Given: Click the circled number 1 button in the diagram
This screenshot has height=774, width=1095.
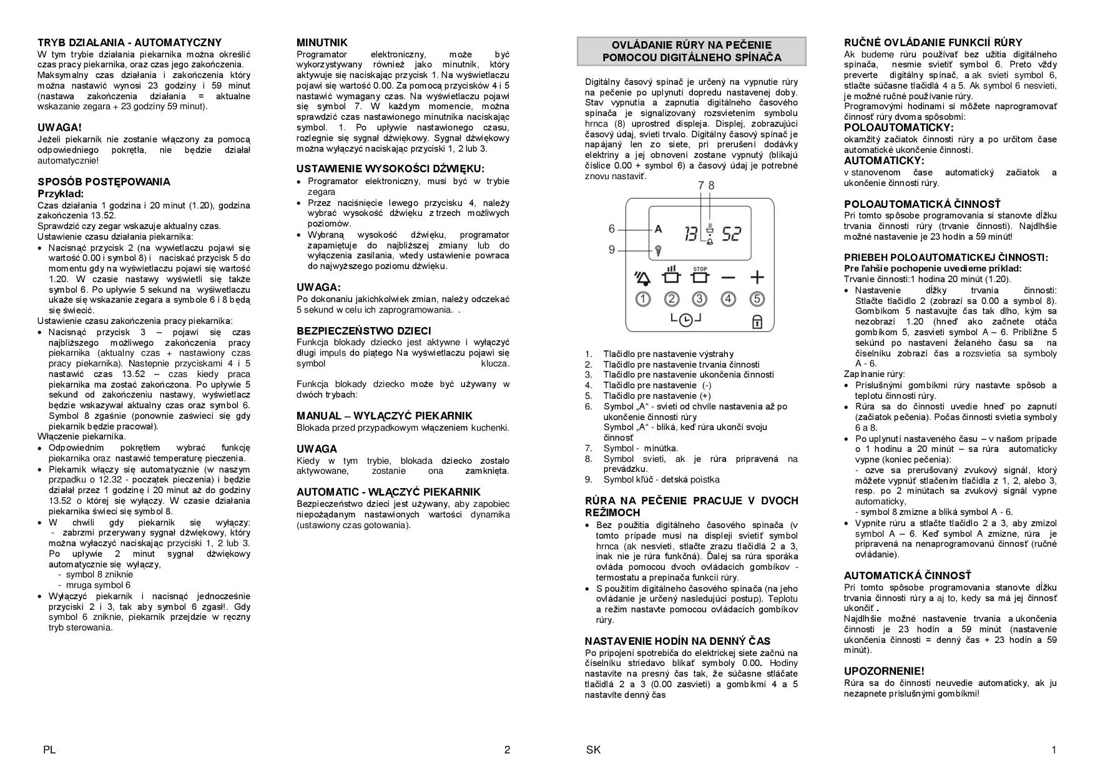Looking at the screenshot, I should point(643,299).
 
